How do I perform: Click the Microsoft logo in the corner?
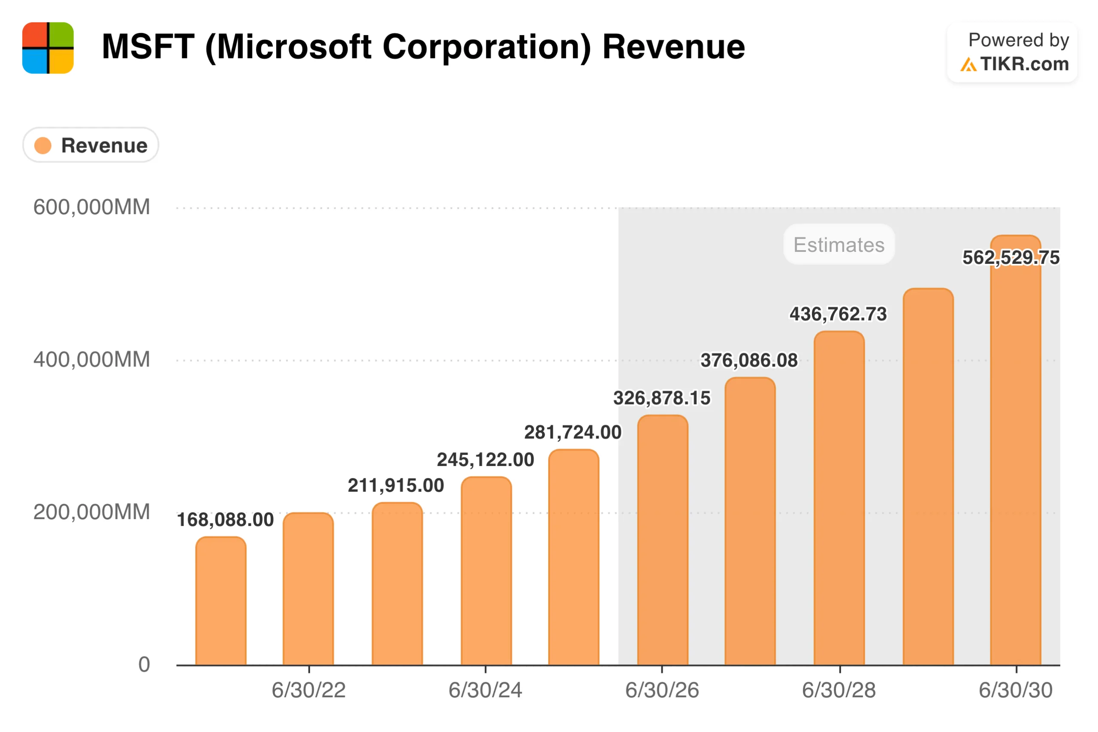point(48,48)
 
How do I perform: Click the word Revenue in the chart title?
point(673,47)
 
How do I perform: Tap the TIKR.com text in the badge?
point(1024,64)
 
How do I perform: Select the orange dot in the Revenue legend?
point(42,145)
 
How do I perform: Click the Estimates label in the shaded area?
point(839,245)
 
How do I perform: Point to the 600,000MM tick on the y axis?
point(91,207)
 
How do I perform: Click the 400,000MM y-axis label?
point(91,360)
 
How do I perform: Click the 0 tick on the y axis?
point(144,664)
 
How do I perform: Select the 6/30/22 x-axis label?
point(308,690)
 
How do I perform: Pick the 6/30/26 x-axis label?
point(662,690)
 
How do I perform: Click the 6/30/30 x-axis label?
point(1015,690)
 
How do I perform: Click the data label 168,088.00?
point(225,520)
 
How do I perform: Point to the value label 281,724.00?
point(572,432)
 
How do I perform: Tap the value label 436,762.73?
point(838,314)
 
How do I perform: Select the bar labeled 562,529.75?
point(1015,467)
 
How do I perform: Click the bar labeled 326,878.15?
point(662,541)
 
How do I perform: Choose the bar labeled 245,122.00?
point(486,572)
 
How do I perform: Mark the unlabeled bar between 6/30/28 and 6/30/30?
point(927,476)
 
